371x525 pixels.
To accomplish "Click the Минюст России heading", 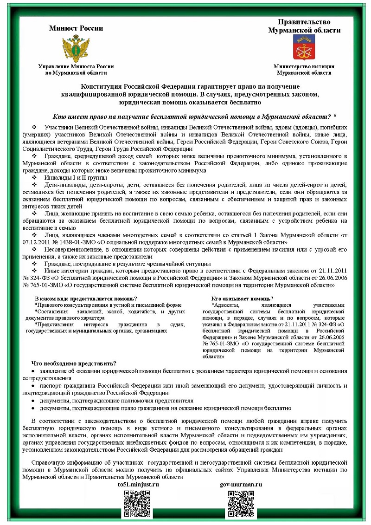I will [x=76, y=28].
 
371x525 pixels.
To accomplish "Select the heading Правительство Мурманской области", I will [x=304, y=26].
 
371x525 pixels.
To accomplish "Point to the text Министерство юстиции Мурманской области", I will [x=304, y=70].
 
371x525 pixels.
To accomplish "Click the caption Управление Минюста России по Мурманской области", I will [x=76, y=70].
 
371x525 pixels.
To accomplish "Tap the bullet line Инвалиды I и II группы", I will [x=76, y=178].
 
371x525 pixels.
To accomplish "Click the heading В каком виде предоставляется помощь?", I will [x=86, y=298].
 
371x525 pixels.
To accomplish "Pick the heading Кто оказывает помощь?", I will [x=242, y=298].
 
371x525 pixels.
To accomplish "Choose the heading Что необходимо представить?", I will [x=74, y=363].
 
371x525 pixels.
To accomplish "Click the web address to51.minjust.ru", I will [x=139, y=484].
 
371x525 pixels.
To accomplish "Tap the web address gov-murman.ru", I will [x=241, y=484].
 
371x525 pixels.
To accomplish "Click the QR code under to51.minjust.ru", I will [x=137, y=504].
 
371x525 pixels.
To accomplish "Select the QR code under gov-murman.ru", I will [x=241, y=504].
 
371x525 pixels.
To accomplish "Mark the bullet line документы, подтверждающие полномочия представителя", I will [x=116, y=400].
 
